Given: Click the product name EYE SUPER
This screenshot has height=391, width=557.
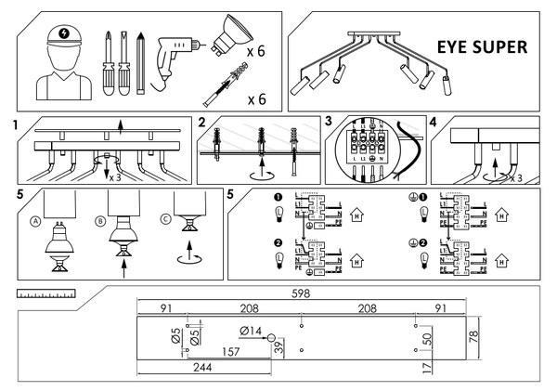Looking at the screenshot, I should pos(483,46).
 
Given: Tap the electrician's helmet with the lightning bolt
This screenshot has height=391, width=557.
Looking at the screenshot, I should pos(62,33).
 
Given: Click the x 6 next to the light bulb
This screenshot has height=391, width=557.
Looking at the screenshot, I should pos(256,51).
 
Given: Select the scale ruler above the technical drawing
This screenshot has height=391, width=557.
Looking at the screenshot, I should pos(46,293).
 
